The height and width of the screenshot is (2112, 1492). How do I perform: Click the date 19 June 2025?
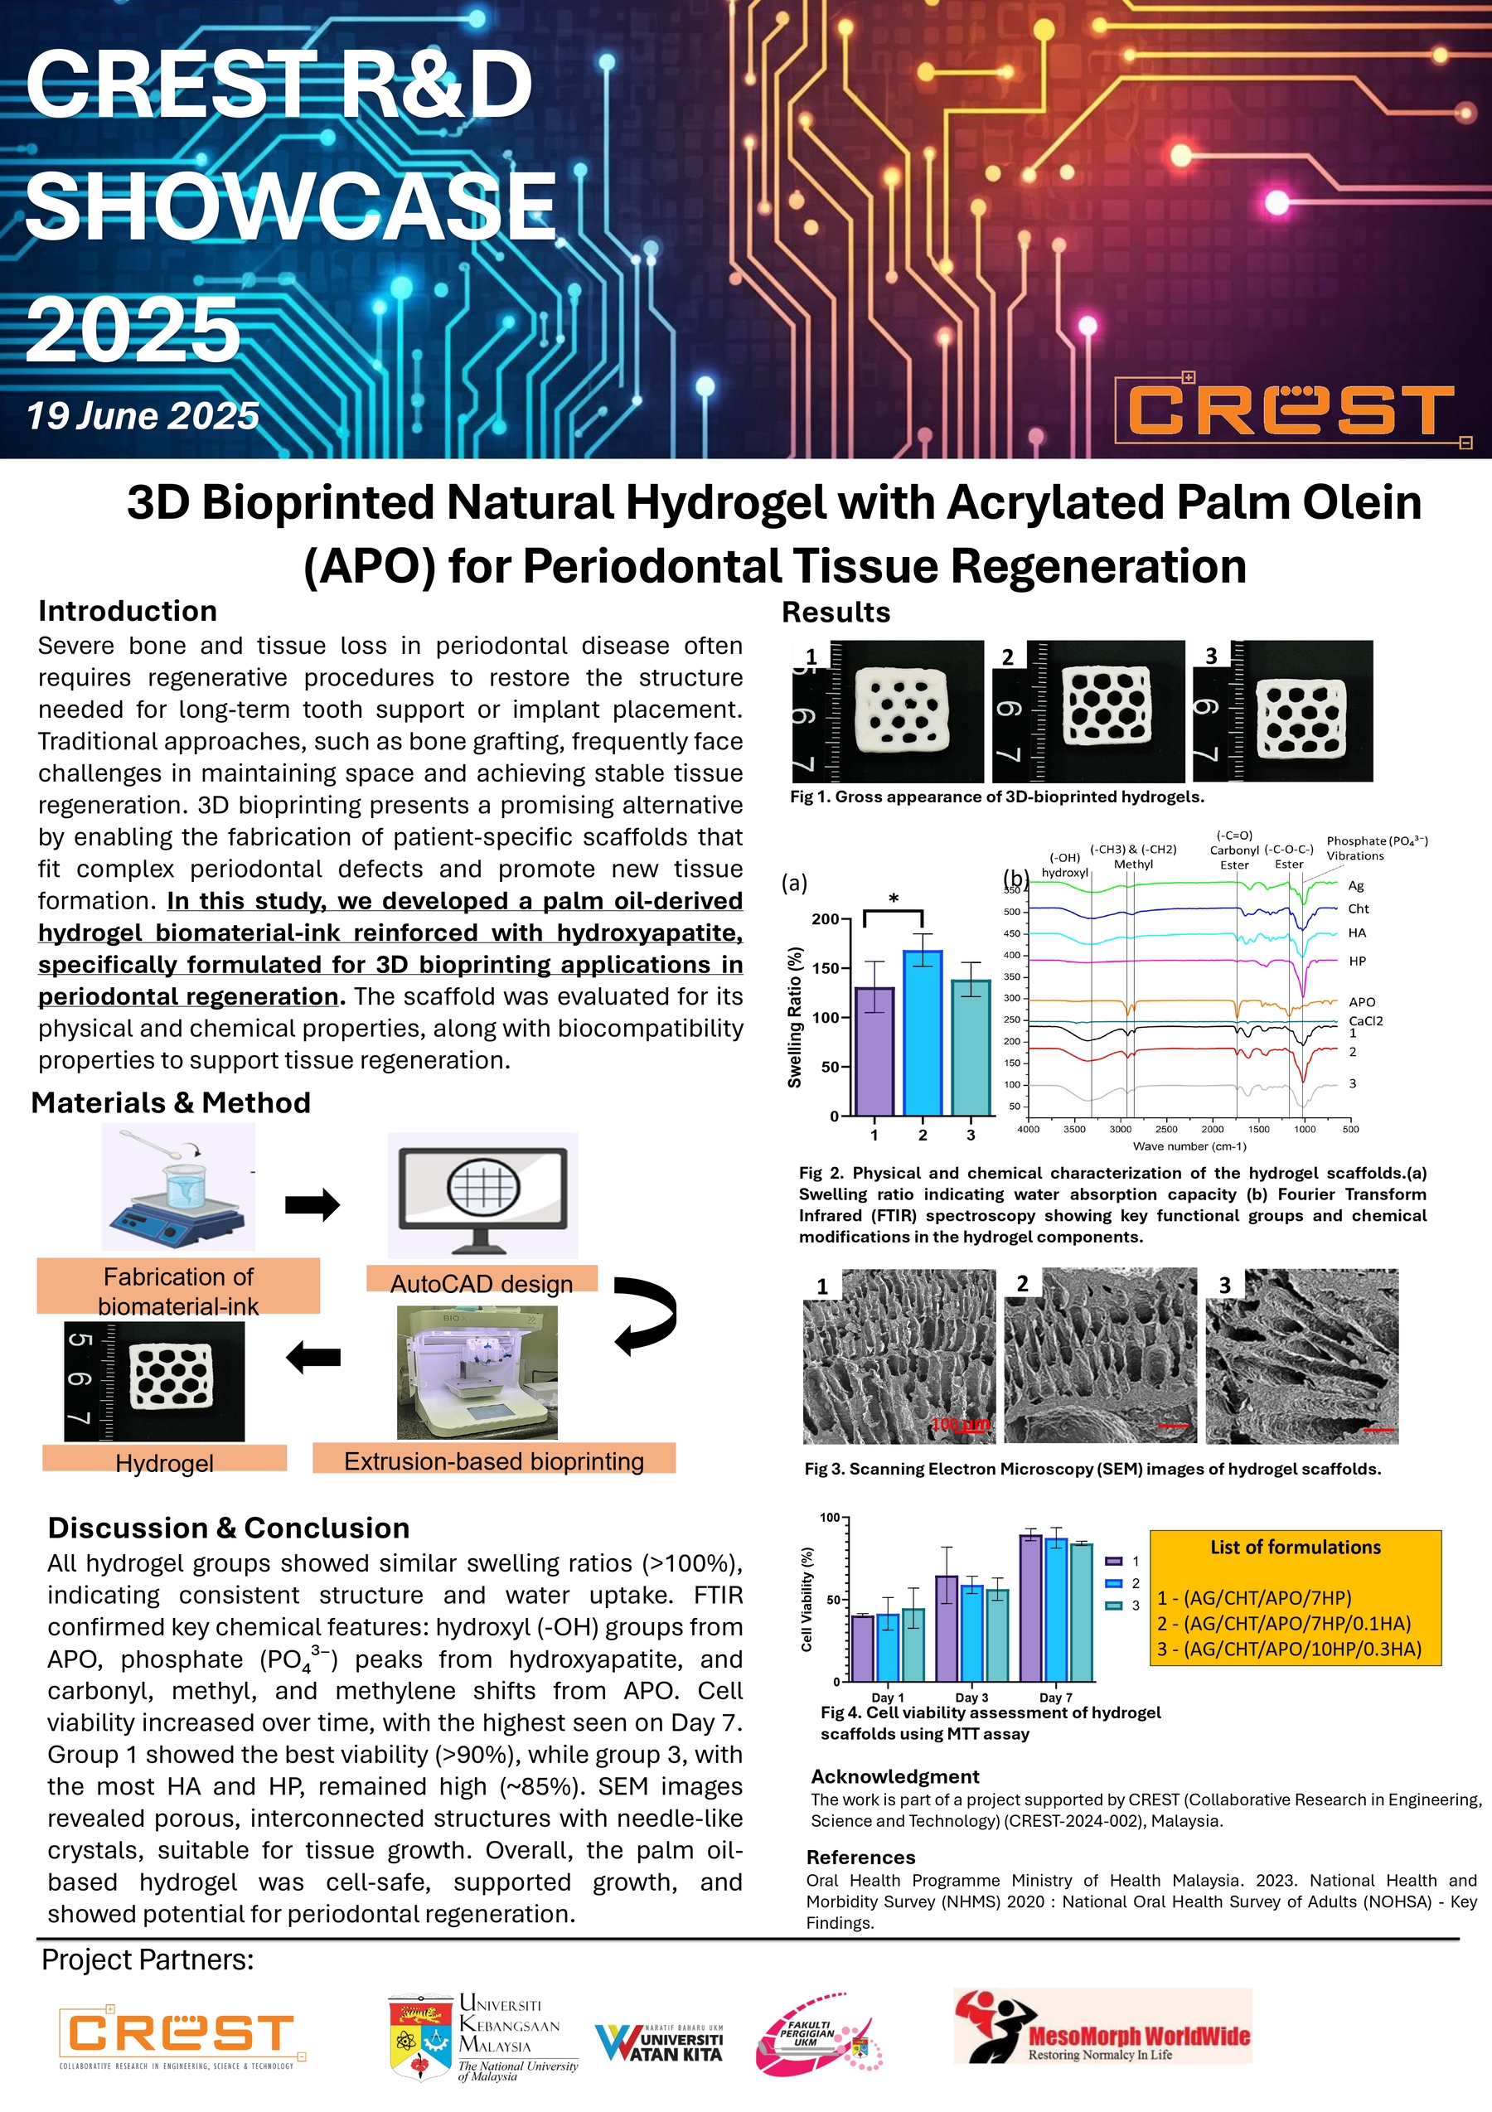pyautogui.click(x=143, y=416)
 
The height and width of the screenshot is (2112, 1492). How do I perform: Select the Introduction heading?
pyautogui.click(x=128, y=611)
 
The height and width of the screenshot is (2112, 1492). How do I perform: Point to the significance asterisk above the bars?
pyautogui.click(x=894, y=899)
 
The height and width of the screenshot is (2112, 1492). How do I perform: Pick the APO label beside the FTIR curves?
pyautogui.click(x=1361, y=1002)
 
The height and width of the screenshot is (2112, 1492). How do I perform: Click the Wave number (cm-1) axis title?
pyautogui.click(x=1189, y=1146)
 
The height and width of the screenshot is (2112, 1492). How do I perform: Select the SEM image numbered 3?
pyautogui.click(x=1301, y=1356)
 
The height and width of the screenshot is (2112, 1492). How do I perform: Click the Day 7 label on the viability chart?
pyautogui.click(x=1055, y=1698)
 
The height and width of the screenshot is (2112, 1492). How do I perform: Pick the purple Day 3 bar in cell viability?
pyautogui.click(x=947, y=1628)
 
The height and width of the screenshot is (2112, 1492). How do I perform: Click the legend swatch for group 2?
pyautogui.click(x=1114, y=1583)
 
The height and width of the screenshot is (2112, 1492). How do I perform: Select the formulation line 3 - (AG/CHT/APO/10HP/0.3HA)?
pyautogui.click(x=1289, y=1649)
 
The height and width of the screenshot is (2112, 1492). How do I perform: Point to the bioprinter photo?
pyautogui.click(x=477, y=1372)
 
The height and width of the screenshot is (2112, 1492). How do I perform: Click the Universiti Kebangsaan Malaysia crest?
pyautogui.click(x=419, y=2037)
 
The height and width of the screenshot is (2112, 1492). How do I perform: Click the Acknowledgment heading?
pyautogui.click(x=894, y=1776)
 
